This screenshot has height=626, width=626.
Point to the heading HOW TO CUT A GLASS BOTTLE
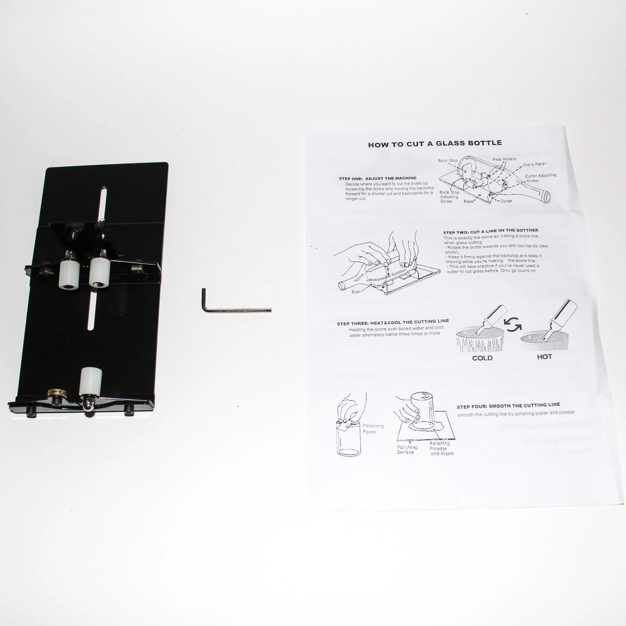[435, 144]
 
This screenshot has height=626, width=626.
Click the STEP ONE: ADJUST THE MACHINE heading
[378, 178]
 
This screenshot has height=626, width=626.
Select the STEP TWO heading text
[490, 231]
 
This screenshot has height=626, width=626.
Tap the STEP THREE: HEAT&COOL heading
[393, 322]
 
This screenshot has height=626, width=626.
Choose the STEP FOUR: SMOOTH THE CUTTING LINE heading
[508, 405]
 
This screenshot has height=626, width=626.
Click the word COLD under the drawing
[482, 358]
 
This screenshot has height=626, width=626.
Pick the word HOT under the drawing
[544, 357]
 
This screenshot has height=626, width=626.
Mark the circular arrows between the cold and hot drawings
[513, 324]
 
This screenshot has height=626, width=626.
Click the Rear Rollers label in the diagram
[504, 159]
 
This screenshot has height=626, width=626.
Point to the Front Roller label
[534, 164]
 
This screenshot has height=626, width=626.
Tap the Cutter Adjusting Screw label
[540, 178]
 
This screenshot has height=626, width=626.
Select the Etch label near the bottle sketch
[355, 291]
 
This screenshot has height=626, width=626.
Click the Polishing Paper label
[373, 429]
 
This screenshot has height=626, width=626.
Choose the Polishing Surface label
[407, 450]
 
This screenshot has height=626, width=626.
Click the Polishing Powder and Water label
[441, 448]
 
